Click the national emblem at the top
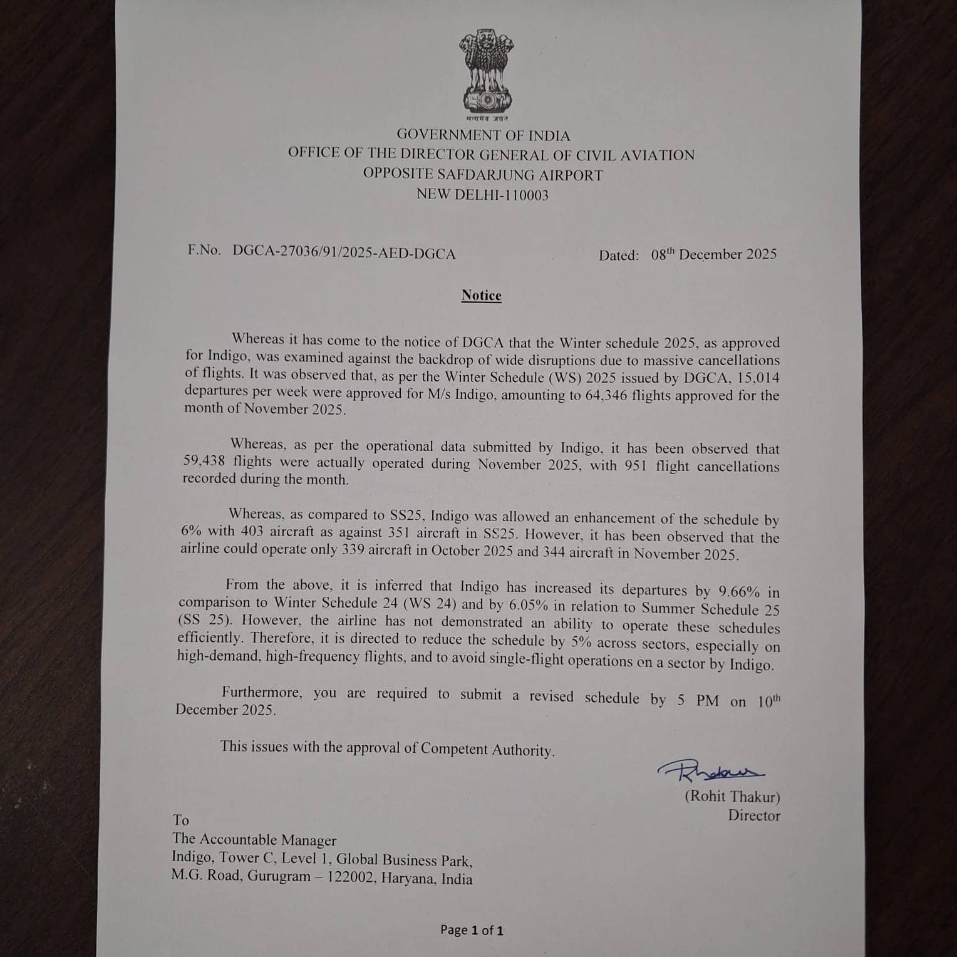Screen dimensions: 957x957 [x=486, y=74]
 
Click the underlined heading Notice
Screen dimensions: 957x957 [x=481, y=296]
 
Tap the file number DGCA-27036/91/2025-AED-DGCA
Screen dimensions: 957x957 [x=344, y=252]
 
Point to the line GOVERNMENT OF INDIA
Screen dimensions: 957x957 [x=483, y=135]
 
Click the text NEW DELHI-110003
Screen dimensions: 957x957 [x=482, y=195]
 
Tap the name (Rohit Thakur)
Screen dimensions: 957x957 [x=732, y=797]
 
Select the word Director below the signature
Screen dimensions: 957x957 [x=753, y=815]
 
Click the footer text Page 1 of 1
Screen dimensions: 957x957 [x=472, y=930]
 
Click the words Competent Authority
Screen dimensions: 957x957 [x=487, y=749]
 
